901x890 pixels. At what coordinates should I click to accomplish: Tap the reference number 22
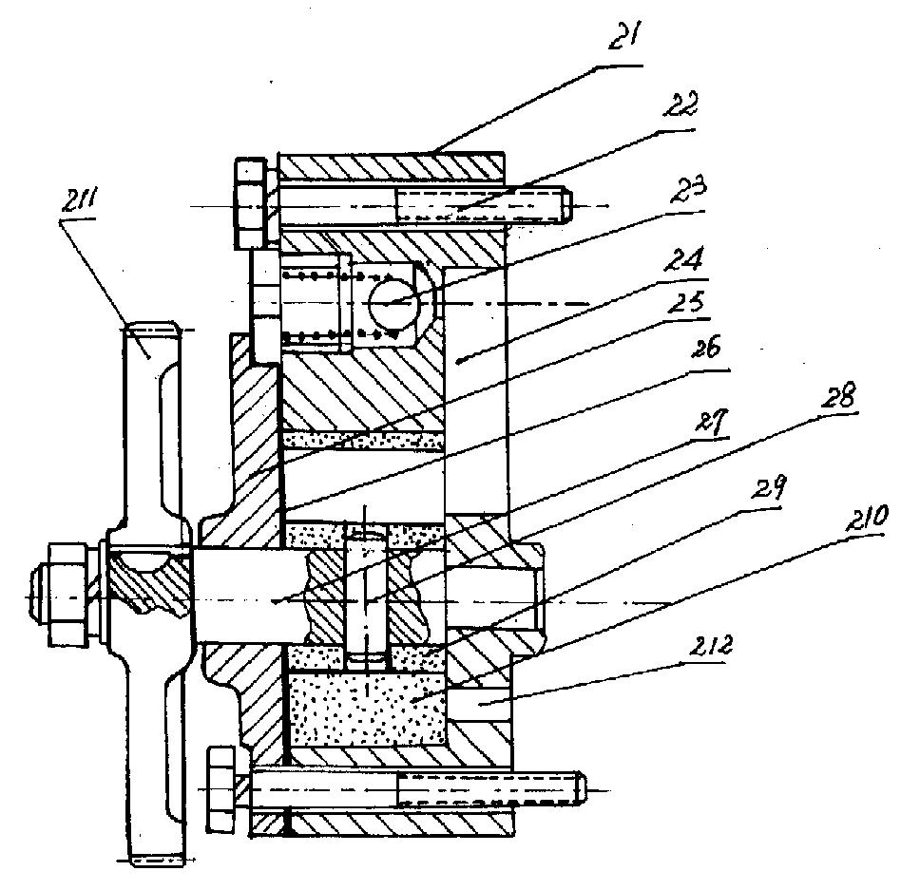[681, 104]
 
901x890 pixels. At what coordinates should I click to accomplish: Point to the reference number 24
[683, 258]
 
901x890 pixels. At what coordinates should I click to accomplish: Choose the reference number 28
[838, 396]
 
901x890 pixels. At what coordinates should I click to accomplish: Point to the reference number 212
[710, 647]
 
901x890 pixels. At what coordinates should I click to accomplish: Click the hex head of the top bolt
[251, 205]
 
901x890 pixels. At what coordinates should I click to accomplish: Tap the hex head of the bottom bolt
[221, 788]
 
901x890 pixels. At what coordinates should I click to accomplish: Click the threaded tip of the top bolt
[566, 206]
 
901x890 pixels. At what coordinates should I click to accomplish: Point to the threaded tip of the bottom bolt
[580, 787]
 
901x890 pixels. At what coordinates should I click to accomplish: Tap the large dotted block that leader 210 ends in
[366, 710]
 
